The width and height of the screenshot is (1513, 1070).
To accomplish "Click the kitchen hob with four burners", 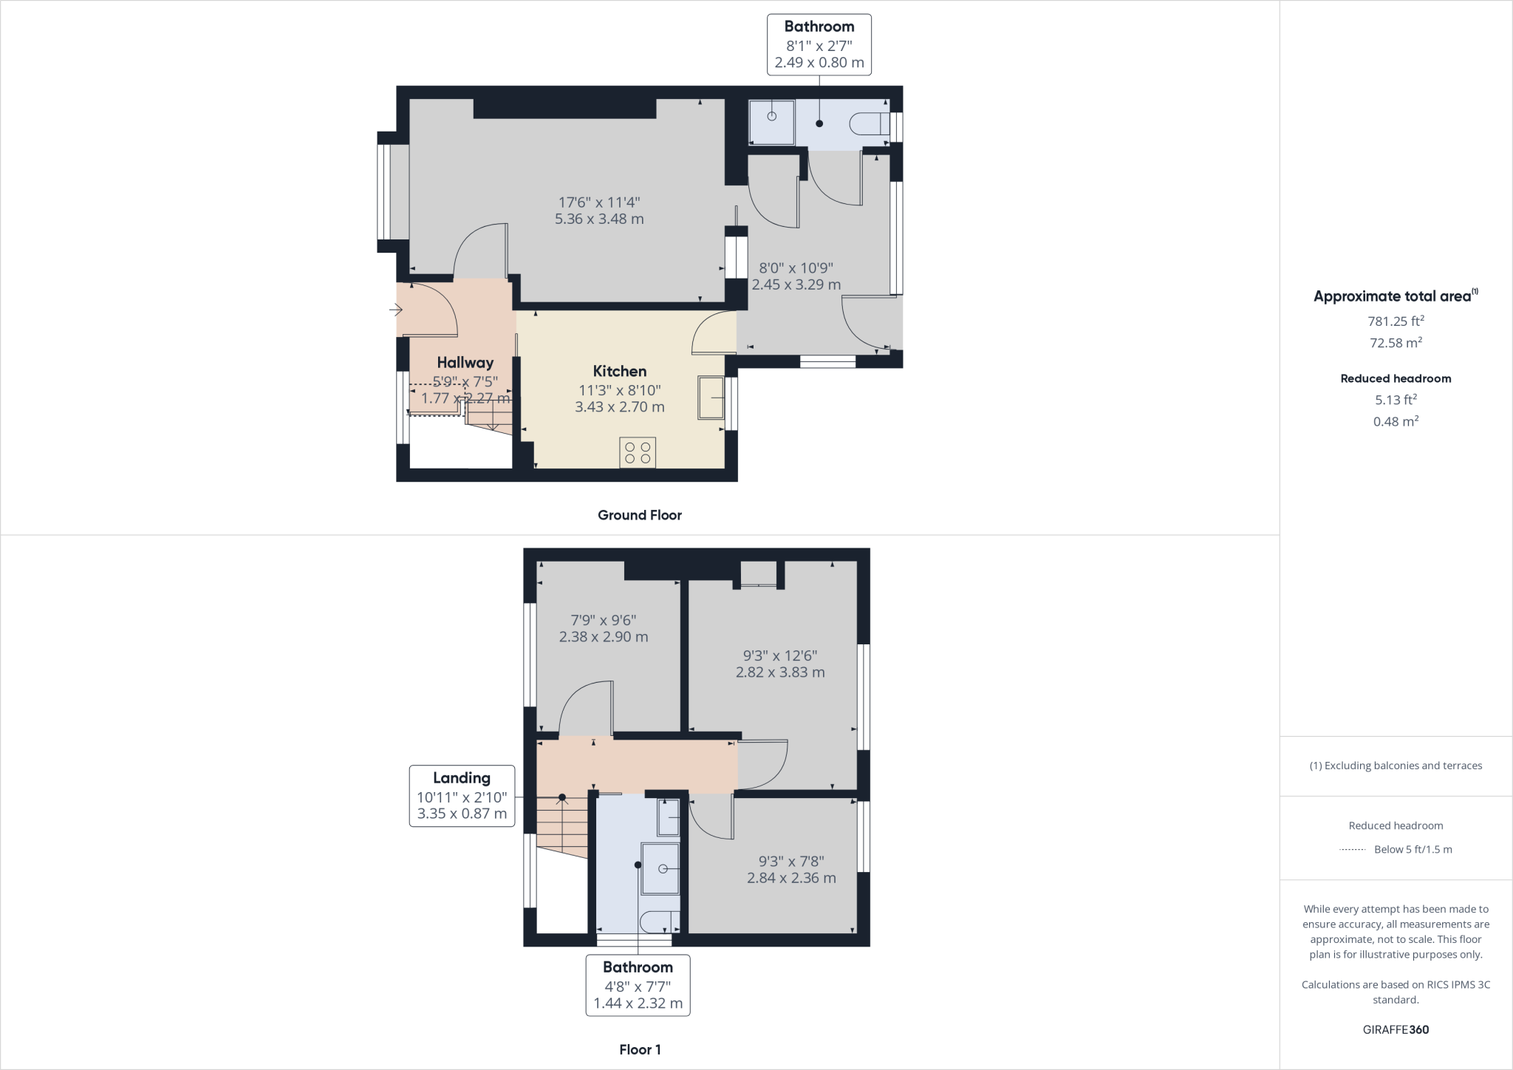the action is click(638, 453).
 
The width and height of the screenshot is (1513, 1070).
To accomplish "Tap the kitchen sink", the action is click(711, 398).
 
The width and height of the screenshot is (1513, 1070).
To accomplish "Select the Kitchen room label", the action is click(620, 371).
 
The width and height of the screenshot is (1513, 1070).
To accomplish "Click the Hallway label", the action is click(465, 362).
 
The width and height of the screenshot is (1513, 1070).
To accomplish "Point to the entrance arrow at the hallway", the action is click(396, 310).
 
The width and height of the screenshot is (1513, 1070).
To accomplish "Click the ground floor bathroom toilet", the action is click(870, 123).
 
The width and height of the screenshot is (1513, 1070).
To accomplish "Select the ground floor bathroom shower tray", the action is click(772, 122).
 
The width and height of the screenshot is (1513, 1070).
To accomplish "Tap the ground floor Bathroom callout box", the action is click(819, 44).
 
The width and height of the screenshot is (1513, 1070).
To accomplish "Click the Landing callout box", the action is click(462, 796).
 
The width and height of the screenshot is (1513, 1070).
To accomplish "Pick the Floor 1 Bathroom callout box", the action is click(638, 985).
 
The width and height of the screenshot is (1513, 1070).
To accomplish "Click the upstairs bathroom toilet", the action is click(660, 921).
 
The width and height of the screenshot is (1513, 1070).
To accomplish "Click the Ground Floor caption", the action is click(640, 515).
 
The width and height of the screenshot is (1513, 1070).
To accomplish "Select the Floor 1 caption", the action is click(640, 1049).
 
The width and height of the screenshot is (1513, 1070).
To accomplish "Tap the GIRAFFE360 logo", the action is click(1396, 1029).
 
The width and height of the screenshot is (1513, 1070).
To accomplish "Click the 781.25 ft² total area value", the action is click(1396, 321).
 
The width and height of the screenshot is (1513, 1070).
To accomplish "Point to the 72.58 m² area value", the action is click(1396, 342).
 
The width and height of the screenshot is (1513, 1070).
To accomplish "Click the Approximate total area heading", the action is click(1396, 296).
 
